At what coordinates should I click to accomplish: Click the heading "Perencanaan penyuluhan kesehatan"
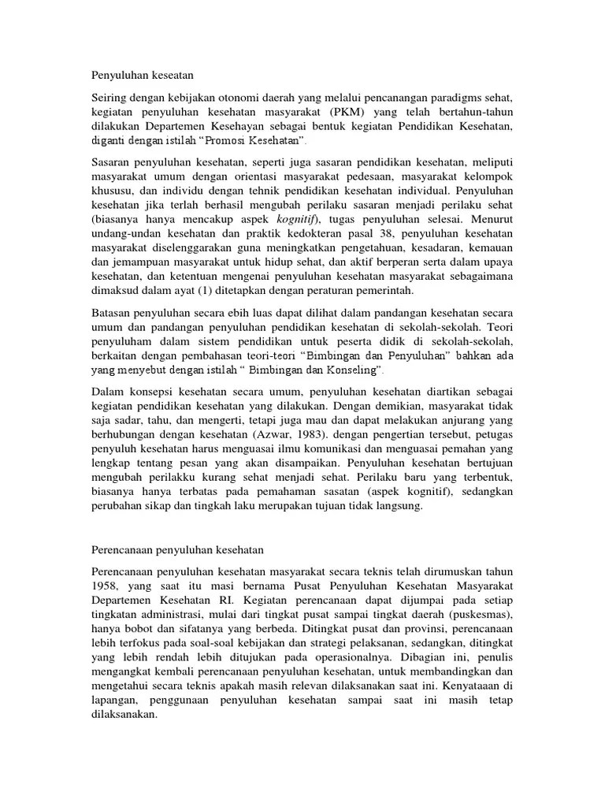(173, 549)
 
